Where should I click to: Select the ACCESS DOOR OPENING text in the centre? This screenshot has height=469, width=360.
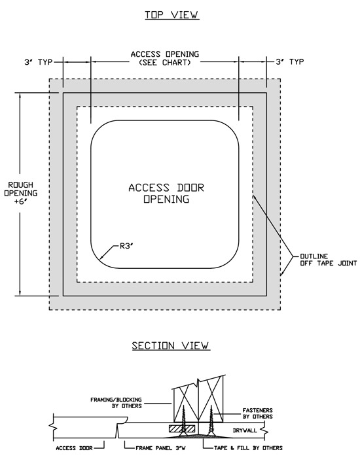(x=166, y=194)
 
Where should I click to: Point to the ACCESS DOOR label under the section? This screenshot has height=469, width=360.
(x=72, y=448)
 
